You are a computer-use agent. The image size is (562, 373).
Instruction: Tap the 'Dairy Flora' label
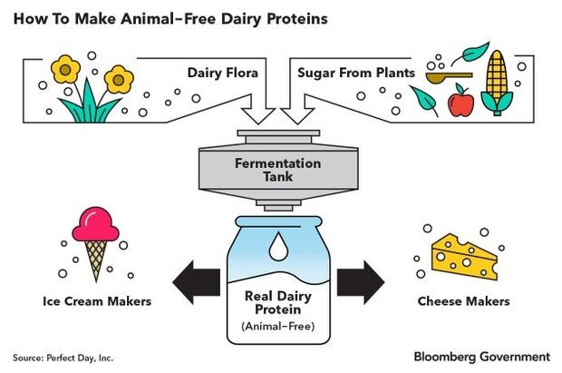click(x=223, y=71)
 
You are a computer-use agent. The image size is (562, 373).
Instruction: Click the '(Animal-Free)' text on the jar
click(x=279, y=326)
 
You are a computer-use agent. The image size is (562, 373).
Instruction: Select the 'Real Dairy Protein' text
click(x=279, y=303)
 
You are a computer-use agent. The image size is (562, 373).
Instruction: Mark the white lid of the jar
click(x=279, y=221)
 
